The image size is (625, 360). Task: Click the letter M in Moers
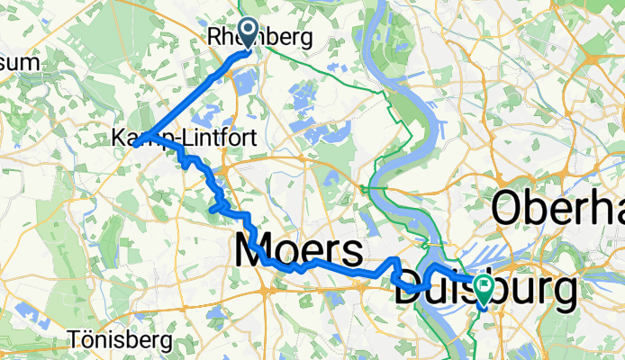(252, 252)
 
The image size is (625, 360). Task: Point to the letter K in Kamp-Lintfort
(120, 139)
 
